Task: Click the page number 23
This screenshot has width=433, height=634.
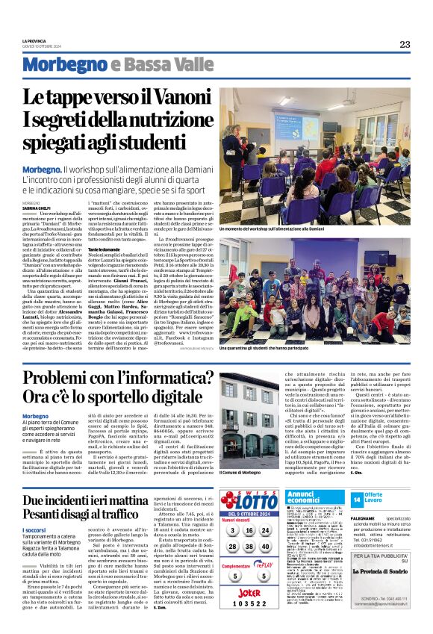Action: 404,44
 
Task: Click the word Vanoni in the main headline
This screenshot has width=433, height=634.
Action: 181,97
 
